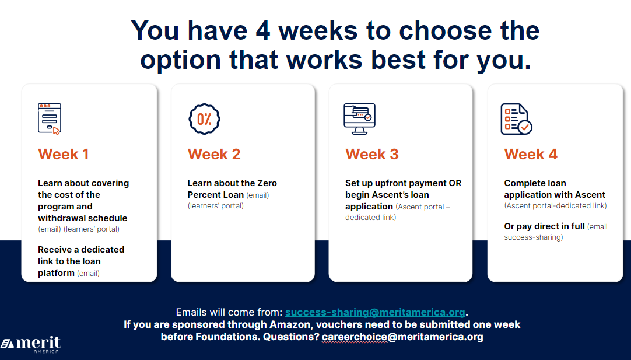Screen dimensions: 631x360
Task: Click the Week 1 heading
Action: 63,154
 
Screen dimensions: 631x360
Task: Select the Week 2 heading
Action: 213,154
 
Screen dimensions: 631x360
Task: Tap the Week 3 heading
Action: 372,154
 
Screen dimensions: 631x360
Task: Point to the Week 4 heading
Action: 531,154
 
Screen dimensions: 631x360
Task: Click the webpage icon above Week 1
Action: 50,119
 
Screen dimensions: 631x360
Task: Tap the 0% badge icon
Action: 205,119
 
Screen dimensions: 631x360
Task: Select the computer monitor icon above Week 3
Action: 359,119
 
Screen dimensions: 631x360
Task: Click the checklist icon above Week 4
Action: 516,119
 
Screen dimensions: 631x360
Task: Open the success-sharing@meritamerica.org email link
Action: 375,313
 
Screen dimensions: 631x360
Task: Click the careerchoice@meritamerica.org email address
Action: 402,337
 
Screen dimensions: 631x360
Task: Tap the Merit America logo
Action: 31,345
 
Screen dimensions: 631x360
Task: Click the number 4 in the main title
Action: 263,30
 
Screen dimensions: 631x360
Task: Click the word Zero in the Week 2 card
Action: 267,183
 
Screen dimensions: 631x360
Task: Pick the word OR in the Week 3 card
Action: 455,183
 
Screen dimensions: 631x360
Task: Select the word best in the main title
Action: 399,61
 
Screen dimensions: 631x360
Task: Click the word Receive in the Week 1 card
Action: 54,250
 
